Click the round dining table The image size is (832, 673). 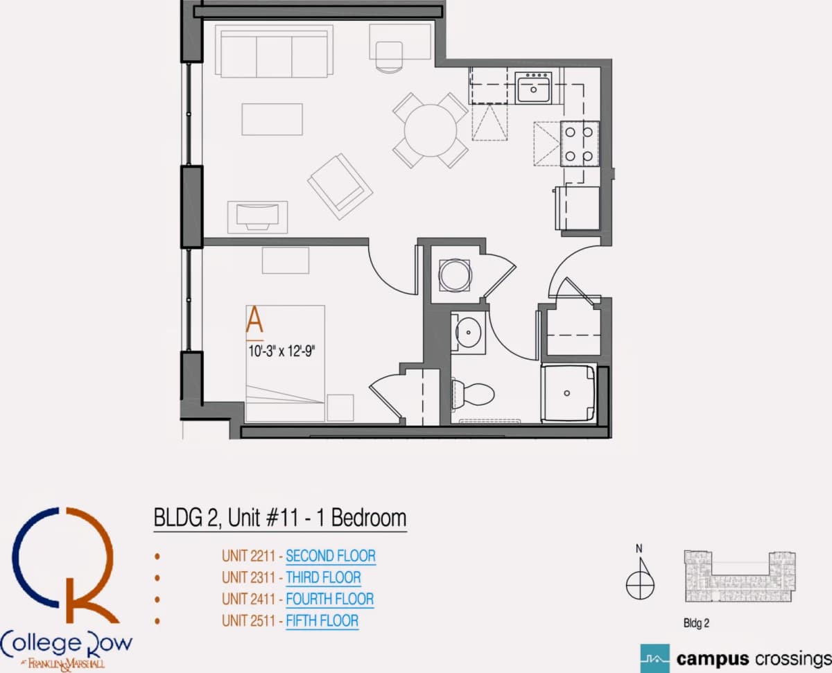click(431, 130)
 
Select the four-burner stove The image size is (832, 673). click(580, 143)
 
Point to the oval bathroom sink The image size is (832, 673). click(468, 332)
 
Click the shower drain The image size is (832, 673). click(566, 394)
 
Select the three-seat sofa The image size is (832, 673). click(274, 51)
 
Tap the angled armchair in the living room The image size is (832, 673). click(340, 186)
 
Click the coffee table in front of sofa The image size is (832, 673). click(272, 119)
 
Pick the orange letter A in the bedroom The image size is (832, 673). click(254, 320)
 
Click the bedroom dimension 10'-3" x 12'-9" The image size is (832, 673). click(281, 351)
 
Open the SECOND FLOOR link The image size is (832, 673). click(331, 556)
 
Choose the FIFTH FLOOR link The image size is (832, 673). click(322, 621)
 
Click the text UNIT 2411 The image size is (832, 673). click(249, 599)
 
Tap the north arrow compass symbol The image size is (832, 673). click(640, 579)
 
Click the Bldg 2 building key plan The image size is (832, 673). click(740, 576)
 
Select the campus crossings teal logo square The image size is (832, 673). click(655, 658)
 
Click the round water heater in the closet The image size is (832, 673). click(455, 275)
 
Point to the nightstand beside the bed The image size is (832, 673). click(340, 408)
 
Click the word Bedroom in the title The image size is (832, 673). click(369, 518)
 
